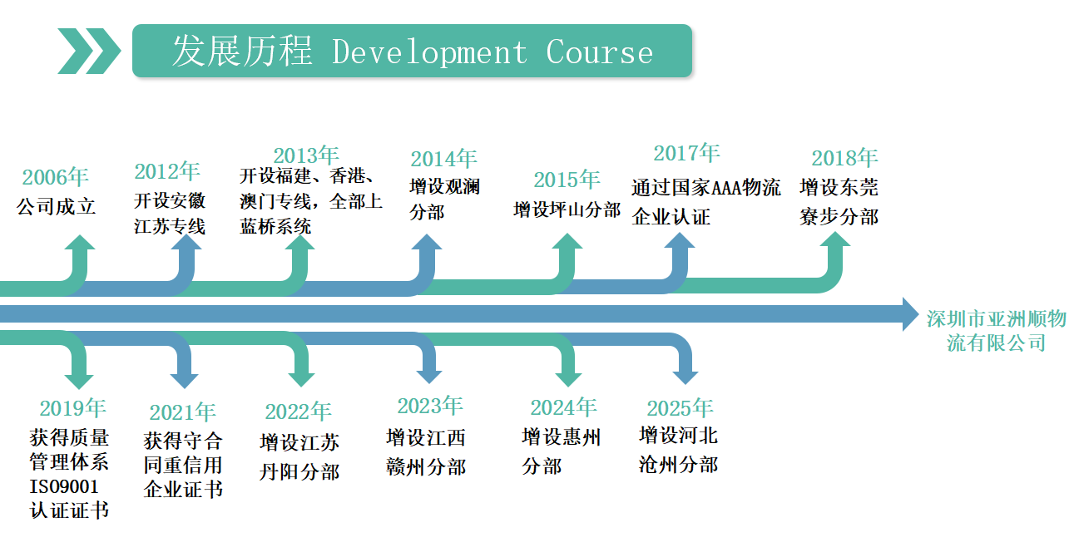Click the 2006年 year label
55,177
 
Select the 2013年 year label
306,155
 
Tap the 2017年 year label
686,153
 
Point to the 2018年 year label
844,158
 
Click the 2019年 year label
72,408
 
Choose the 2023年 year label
429,406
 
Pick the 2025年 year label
680,408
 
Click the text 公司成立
57,206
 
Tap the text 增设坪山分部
567,209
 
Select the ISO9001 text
64,486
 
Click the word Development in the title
429,52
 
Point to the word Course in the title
599,52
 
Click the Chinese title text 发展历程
242,52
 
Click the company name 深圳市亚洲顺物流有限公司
996,330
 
